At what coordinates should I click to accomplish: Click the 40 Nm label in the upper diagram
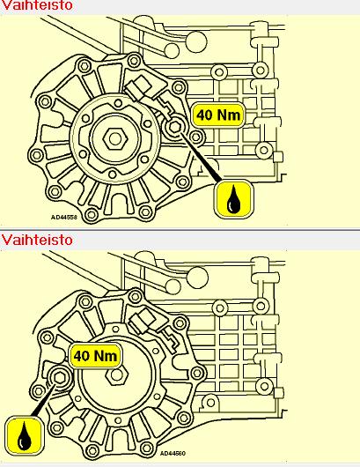tap(218, 115)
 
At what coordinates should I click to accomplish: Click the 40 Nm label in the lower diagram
tap(95, 356)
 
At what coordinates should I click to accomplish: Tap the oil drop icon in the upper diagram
tap(233, 198)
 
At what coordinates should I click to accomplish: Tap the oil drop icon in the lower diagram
tap(25, 435)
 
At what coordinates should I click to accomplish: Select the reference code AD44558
tap(63, 217)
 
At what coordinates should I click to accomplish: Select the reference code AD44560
tap(173, 453)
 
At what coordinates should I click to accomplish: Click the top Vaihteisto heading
tap(37, 5)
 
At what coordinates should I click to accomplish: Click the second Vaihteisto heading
tap(37, 240)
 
